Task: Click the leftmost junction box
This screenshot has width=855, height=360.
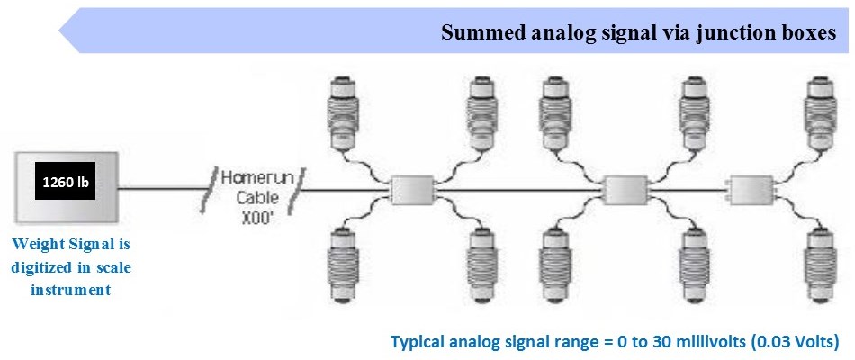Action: [410, 189]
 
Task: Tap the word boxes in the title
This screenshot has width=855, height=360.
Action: [808, 34]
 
